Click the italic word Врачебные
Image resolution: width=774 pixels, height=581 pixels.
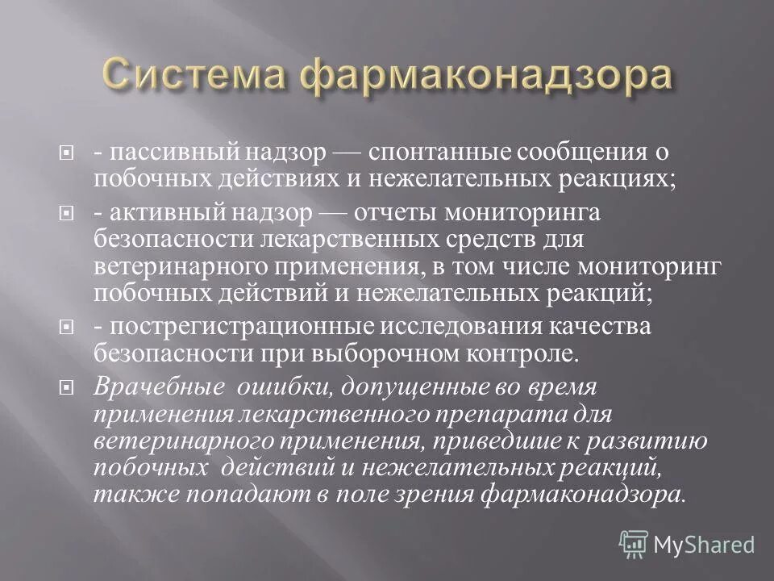click(x=160, y=386)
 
